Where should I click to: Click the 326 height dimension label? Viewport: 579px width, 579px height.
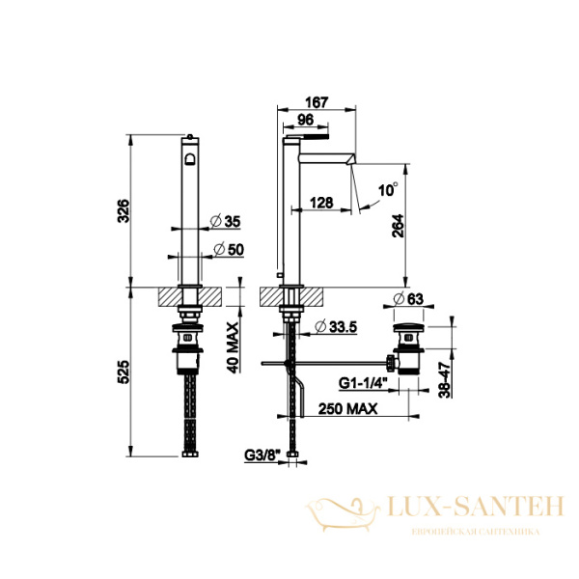click(x=123, y=210)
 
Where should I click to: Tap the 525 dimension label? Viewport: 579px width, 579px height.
click(x=123, y=370)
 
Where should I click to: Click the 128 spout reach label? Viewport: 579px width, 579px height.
click(x=321, y=202)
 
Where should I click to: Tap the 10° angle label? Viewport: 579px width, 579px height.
click(x=387, y=190)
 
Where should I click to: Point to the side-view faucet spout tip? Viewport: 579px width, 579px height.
click(x=354, y=156)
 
